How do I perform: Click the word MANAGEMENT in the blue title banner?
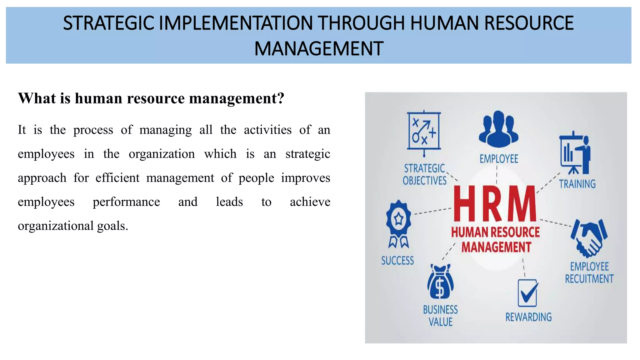pos(319,49)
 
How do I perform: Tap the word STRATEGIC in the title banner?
pos(108,23)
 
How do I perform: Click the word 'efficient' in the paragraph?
pos(117,178)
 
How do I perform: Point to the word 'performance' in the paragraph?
pos(126,202)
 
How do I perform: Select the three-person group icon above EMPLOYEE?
pos(498,129)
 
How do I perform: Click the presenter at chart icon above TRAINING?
pos(575,154)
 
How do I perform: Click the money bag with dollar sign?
pos(440,282)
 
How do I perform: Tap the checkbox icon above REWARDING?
pos(528,293)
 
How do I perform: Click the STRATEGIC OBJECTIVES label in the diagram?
pos(424,174)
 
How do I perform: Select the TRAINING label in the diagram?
pos(577,184)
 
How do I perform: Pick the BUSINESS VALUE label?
pos(440,316)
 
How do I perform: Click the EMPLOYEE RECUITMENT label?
pos(589,272)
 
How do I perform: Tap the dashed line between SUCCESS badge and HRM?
pos(433,211)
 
